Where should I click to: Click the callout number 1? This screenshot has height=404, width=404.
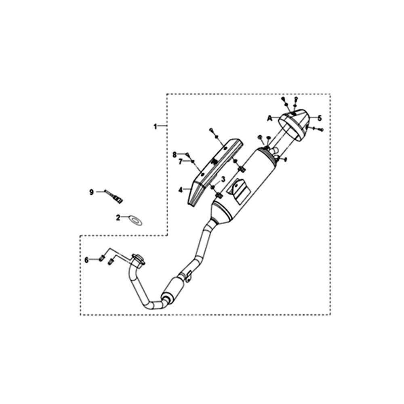155,126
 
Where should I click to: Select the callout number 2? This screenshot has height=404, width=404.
118,218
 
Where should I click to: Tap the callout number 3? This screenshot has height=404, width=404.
223,179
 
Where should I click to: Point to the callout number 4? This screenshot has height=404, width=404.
180,190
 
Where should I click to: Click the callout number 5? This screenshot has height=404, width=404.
320,118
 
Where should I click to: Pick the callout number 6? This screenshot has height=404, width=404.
86,260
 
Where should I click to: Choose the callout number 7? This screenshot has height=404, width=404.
180,162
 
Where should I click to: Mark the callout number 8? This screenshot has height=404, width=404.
175,155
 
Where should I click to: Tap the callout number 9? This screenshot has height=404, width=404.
91,192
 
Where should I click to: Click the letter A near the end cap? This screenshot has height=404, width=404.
269,118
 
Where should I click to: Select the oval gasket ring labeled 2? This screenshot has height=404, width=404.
135,221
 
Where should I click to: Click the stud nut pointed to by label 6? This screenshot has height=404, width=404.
101,258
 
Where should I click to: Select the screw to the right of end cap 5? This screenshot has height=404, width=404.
318,128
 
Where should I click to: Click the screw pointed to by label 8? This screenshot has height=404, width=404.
188,155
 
